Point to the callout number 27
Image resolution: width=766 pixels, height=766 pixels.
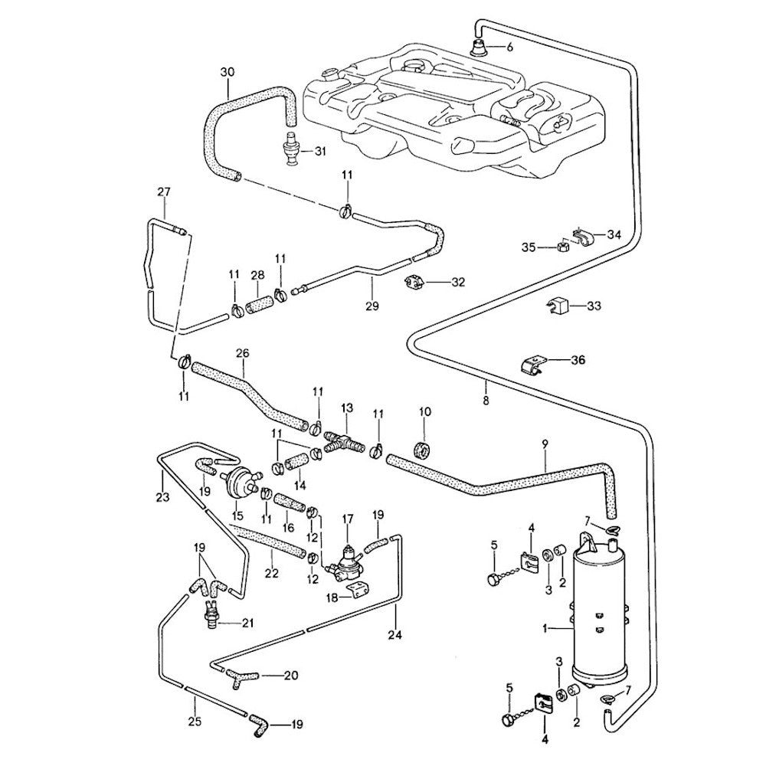click(x=163, y=191)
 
